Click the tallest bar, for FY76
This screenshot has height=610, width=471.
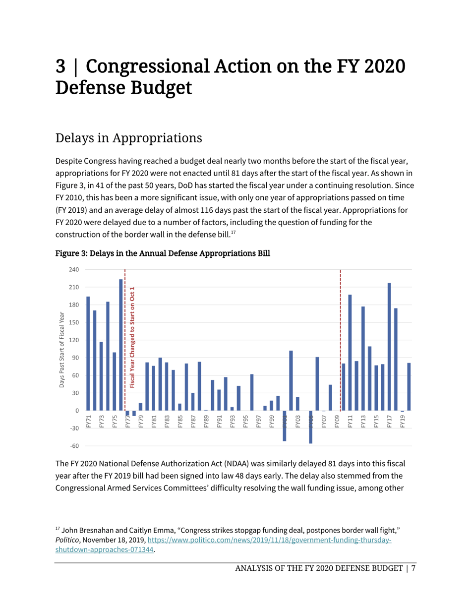click(121, 345)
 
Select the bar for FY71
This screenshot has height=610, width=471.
click(88, 353)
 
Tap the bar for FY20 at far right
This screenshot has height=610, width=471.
click(409, 386)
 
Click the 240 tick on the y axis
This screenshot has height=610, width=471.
click(74, 270)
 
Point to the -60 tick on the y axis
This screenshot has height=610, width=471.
click(74, 446)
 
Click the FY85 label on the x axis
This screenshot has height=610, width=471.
click(180, 421)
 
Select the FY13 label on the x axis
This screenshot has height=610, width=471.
click(363, 421)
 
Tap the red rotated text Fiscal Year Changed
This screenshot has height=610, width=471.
click(132, 337)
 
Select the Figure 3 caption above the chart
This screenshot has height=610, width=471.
click(163, 254)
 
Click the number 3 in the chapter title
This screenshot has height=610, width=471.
click(60, 66)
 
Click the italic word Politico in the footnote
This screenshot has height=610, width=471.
click(66, 540)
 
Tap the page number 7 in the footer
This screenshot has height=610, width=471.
click(412, 568)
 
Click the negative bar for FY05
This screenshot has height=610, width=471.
click(310, 427)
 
